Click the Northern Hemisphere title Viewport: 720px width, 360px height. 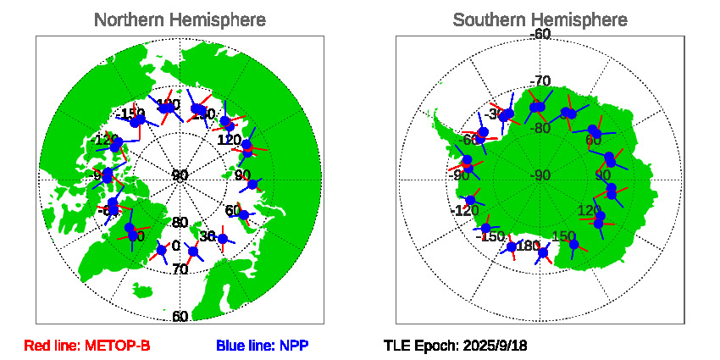[179, 19]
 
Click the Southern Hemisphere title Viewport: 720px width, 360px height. [540, 19]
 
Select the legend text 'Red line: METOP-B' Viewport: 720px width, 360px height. [87, 346]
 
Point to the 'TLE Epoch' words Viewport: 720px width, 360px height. [420, 346]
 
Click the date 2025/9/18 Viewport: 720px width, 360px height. [495, 346]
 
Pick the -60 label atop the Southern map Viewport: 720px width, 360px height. [540, 34]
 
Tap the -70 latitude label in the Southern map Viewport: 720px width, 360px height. [540, 81]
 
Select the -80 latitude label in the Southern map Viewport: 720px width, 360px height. [540, 129]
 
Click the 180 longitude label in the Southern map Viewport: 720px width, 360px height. [528, 246]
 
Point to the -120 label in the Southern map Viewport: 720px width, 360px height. [467, 211]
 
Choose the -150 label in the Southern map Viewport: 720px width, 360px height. [492, 236]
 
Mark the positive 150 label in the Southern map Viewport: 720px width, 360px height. [564, 236]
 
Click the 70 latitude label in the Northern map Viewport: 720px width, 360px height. [180, 270]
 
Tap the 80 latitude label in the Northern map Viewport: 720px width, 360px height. [180, 223]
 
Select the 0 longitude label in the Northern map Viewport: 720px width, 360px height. [175, 246]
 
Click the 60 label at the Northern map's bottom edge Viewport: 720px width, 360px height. [180, 317]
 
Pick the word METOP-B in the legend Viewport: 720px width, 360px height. [120, 346]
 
